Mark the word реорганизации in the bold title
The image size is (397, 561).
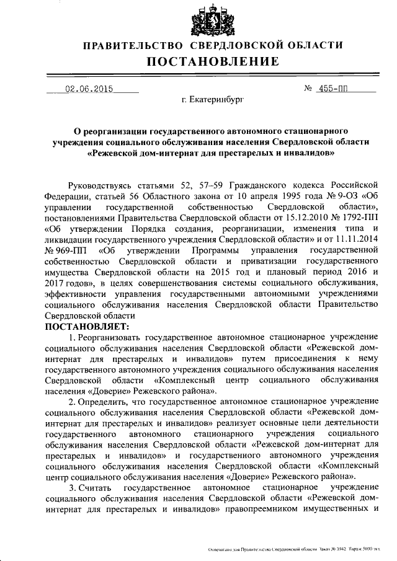tap(114, 131)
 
